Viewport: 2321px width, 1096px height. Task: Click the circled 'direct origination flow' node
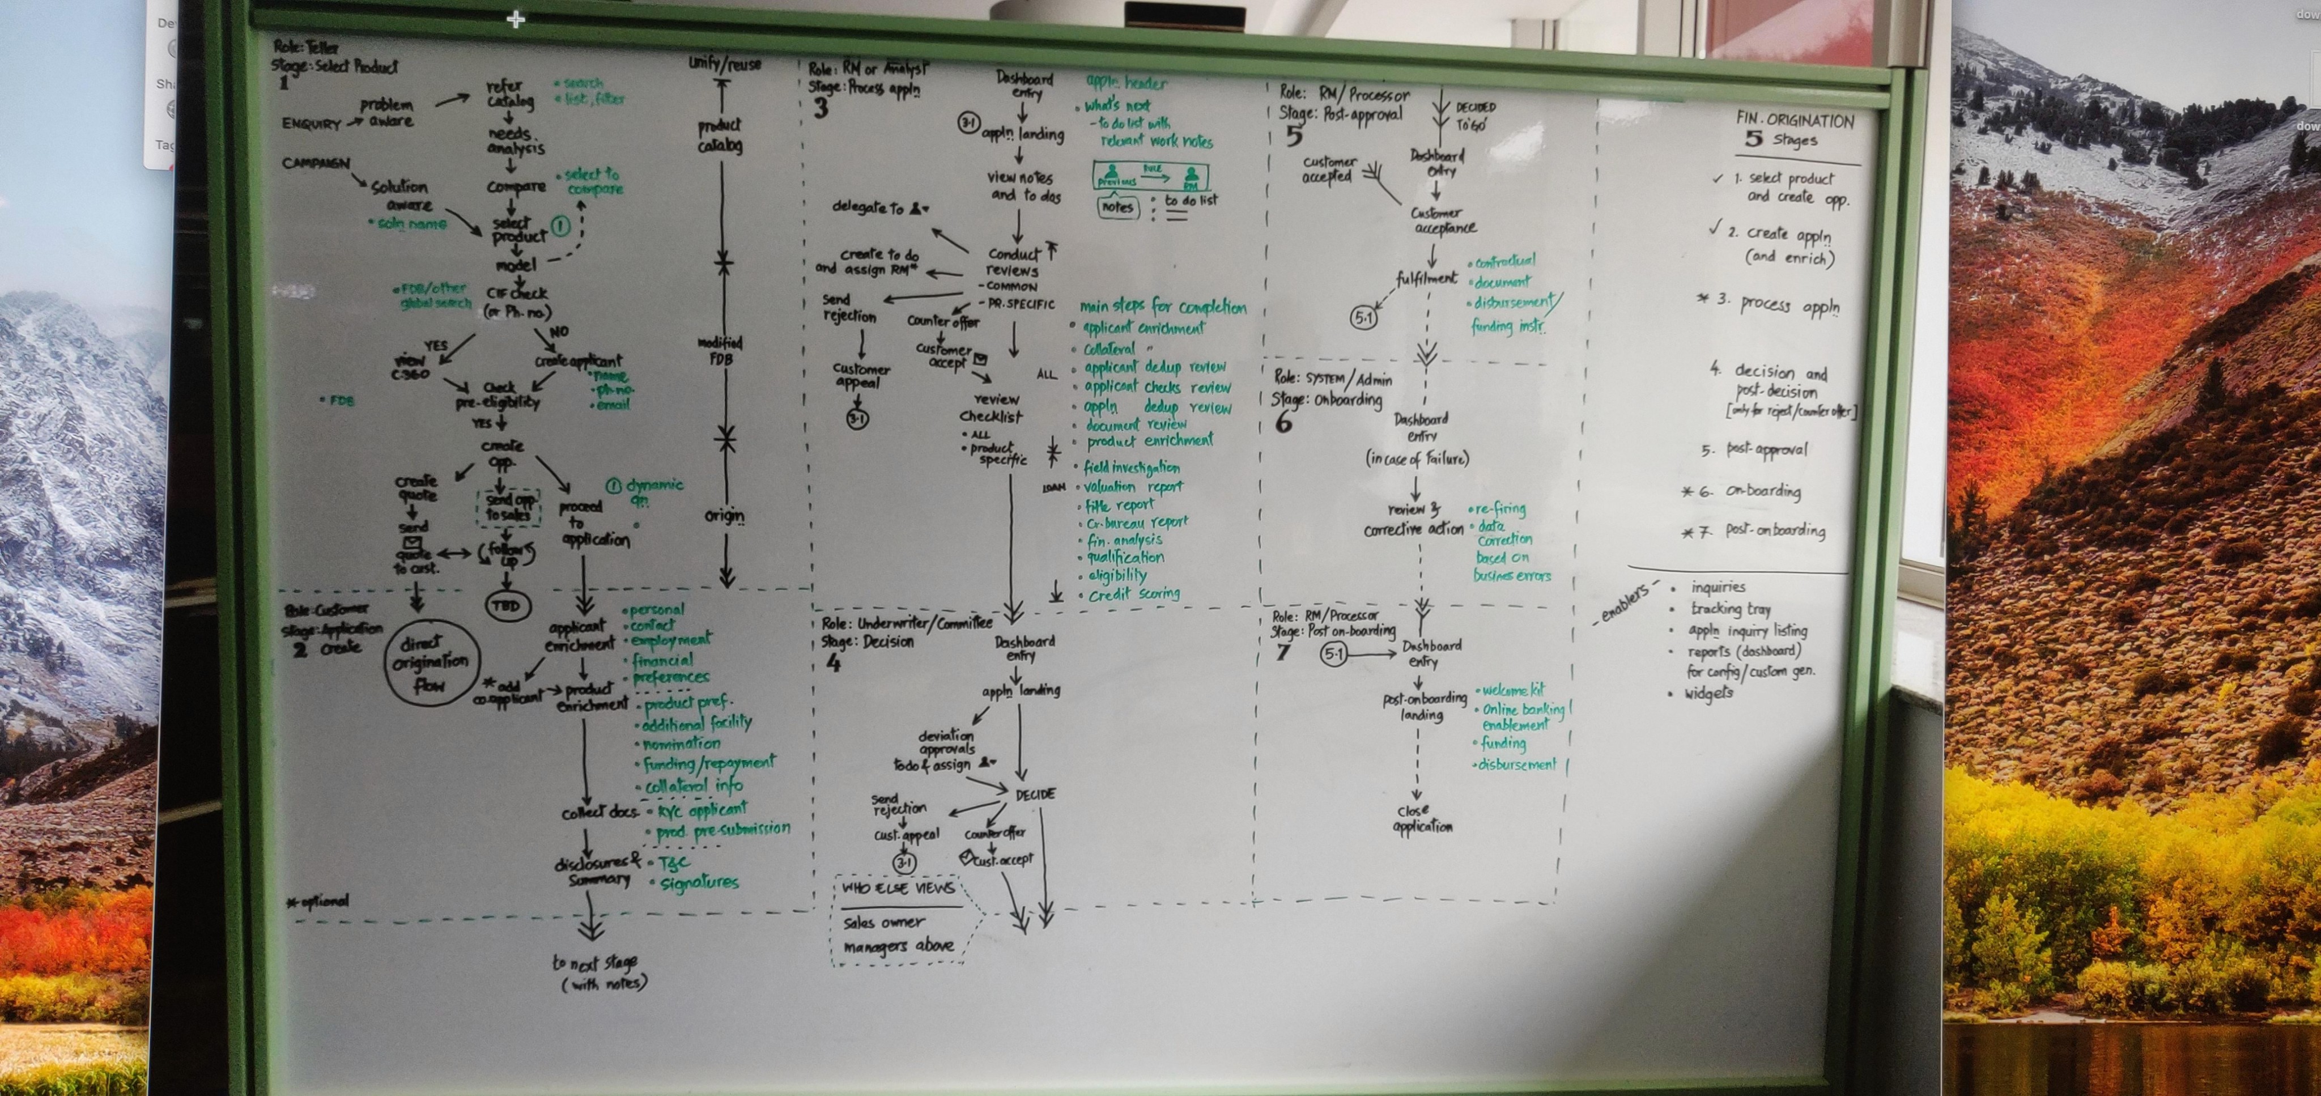tap(431, 664)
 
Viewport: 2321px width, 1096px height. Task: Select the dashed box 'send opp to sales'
tap(509, 507)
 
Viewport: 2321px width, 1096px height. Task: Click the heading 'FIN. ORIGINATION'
tap(1794, 120)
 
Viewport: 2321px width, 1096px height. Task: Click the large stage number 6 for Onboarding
tap(1283, 422)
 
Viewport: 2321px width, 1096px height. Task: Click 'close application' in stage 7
tap(1422, 818)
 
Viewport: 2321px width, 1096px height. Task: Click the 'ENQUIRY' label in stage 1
tap(312, 124)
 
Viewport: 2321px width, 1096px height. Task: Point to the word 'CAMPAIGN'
tap(316, 163)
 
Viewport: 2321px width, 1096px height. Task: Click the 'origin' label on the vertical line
tap(724, 516)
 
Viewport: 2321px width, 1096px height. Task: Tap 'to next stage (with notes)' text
tap(599, 972)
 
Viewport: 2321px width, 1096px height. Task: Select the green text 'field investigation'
tap(1131, 467)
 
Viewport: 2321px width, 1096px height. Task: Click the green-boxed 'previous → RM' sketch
tap(1150, 177)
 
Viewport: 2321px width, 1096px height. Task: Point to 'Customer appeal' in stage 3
tap(861, 375)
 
